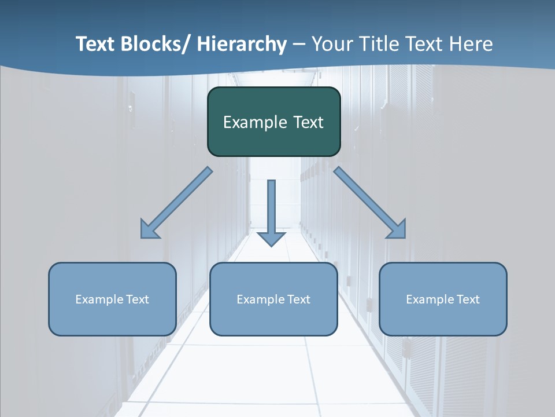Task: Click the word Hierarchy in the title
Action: [242, 44]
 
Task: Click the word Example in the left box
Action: [100, 299]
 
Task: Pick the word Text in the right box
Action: [468, 299]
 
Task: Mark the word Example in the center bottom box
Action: [261, 299]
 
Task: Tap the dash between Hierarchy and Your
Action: [299, 45]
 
